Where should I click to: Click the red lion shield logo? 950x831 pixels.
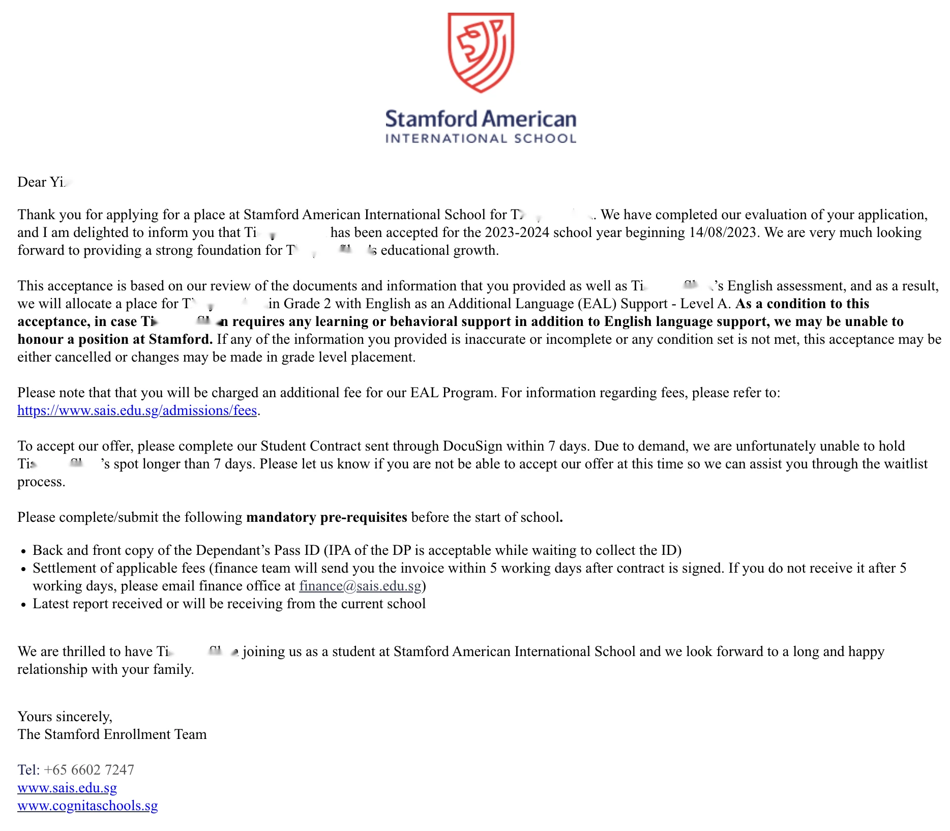point(481,52)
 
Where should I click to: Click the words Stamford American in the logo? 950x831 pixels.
point(481,119)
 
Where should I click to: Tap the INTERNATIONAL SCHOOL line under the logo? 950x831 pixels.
point(481,139)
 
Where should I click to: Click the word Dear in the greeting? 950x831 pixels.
point(32,182)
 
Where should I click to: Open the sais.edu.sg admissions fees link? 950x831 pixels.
point(137,410)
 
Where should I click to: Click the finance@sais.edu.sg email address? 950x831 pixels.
point(360,586)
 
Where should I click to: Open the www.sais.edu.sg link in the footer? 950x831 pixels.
point(67,788)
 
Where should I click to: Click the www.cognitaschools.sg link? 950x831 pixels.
point(87,806)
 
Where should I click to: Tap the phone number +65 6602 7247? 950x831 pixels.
point(89,770)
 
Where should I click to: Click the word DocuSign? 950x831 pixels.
point(474,446)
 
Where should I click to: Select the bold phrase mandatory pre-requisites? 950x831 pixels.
point(326,517)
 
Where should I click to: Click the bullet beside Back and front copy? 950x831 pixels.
point(23,551)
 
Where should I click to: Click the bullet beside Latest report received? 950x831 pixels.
point(23,605)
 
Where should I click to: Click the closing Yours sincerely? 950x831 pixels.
point(65,717)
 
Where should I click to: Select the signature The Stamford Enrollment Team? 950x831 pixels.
point(112,734)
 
